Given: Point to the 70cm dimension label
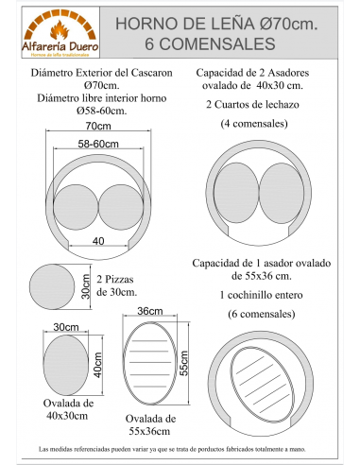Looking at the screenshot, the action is point(93,125).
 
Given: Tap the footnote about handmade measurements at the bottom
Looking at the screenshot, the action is point(180,447).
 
